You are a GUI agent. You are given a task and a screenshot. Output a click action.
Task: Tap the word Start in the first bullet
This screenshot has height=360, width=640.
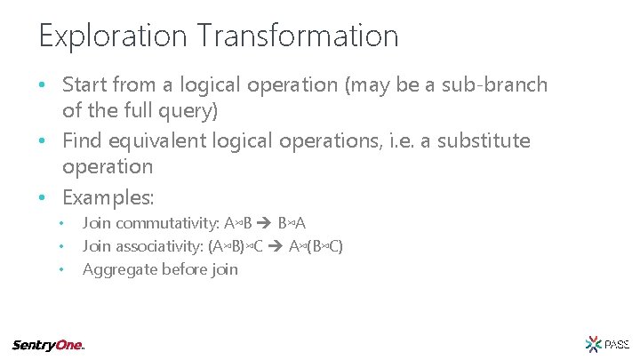pyautogui.click(x=84, y=85)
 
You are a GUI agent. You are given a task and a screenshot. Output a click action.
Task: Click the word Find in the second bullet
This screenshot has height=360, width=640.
pyautogui.click(x=82, y=141)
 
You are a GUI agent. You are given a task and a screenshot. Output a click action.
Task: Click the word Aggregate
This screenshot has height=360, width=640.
pyautogui.click(x=119, y=268)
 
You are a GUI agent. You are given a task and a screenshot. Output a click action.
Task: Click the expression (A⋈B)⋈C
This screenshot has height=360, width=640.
pyautogui.click(x=236, y=246)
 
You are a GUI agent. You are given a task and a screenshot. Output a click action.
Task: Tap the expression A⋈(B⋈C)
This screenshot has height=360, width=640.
pyautogui.click(x=316, y=246)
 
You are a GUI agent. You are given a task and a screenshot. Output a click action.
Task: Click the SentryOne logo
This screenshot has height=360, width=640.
pyautogui.click(x=48, y=345)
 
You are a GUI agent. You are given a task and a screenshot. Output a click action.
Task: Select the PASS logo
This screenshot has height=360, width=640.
pyautogui.click(x=607, y=344)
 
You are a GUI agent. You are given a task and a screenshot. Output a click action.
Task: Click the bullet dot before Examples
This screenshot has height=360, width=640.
pyautogui.click(x=43, y=196)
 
